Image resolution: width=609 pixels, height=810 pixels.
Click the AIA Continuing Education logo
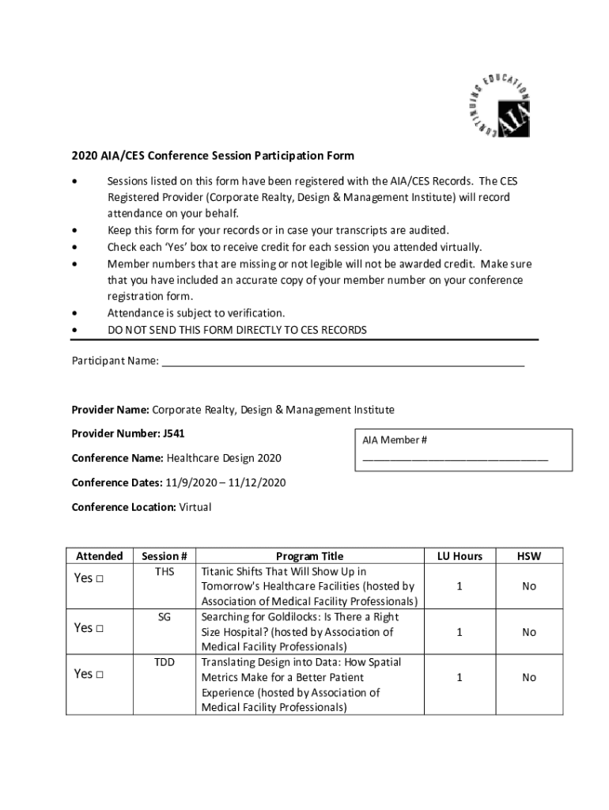point(496,107)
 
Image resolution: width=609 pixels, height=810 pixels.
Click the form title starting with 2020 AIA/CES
point(213,156)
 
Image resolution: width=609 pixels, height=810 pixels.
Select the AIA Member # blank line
point(455,458)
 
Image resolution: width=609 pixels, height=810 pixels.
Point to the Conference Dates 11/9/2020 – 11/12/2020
point(225,483)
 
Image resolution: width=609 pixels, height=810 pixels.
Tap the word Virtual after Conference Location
point(195,507)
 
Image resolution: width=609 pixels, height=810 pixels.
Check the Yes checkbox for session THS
point(100,579)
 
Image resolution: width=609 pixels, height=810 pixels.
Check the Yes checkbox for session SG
point(100,628)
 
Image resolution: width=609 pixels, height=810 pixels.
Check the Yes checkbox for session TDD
point(100,675)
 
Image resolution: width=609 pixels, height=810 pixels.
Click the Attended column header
point(99,556)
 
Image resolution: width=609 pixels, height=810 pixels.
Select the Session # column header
point(164,556)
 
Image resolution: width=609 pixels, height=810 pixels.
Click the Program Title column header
point(309,556)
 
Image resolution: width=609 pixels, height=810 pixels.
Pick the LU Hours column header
point(460,556)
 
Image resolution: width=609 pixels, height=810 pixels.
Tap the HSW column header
point(529,556)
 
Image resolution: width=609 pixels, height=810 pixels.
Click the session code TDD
point(165,663)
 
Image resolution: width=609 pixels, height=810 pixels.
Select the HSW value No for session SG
point(529,632)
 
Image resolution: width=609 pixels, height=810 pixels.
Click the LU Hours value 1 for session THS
point(460,586)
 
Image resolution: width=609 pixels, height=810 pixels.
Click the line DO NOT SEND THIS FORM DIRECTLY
point(237,330)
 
